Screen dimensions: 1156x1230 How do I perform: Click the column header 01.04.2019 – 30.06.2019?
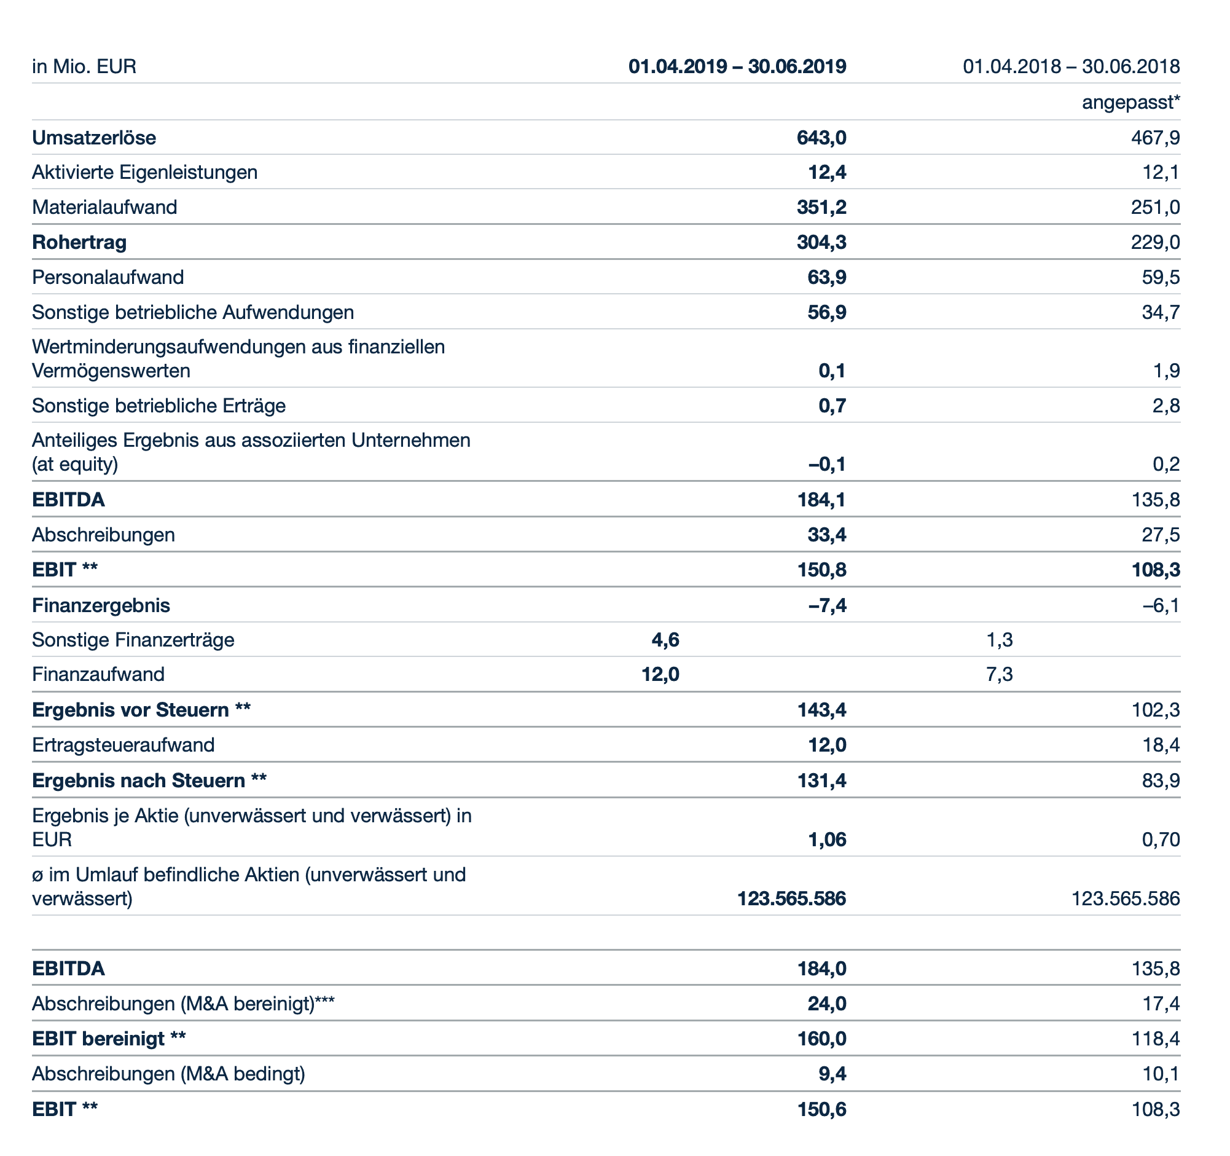(x=737, y=66)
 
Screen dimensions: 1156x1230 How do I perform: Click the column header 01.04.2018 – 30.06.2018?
(x=1071, y=66)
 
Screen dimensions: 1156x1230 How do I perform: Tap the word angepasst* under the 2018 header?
(x=1130, y=102)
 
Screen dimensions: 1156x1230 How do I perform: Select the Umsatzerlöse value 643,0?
(x=821, y=138)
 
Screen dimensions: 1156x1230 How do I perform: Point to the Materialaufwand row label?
(x=104, y=206)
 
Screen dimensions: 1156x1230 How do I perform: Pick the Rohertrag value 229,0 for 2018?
(x=1155, y=242)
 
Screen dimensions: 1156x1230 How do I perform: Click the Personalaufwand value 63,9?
(x=826, y=277)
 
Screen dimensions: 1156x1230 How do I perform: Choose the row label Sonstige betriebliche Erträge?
(x=159, y=406)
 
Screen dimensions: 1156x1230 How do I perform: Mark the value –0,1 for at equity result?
(x=827, y=464)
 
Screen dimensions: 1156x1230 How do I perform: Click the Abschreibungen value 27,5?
(x=1161, y=535)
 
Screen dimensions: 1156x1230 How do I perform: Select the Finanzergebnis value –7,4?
(x=827, y=605)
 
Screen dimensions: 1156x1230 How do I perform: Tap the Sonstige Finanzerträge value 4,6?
(x=665, y=639)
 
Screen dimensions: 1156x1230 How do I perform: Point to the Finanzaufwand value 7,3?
(x=999, y=674)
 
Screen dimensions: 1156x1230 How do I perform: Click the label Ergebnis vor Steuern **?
(x=141, y=710)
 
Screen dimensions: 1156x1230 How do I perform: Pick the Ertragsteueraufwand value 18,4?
(x=1161, y=744)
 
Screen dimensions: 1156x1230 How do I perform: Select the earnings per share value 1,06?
(x=826, y=839)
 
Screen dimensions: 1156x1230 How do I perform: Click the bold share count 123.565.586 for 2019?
(x=791, y=898)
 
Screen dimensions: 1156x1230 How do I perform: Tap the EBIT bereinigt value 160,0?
(x=821, y=1039)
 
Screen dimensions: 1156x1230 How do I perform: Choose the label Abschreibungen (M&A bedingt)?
(x=169, y=1074)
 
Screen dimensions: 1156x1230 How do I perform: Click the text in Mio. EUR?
(x=84, y=66)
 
